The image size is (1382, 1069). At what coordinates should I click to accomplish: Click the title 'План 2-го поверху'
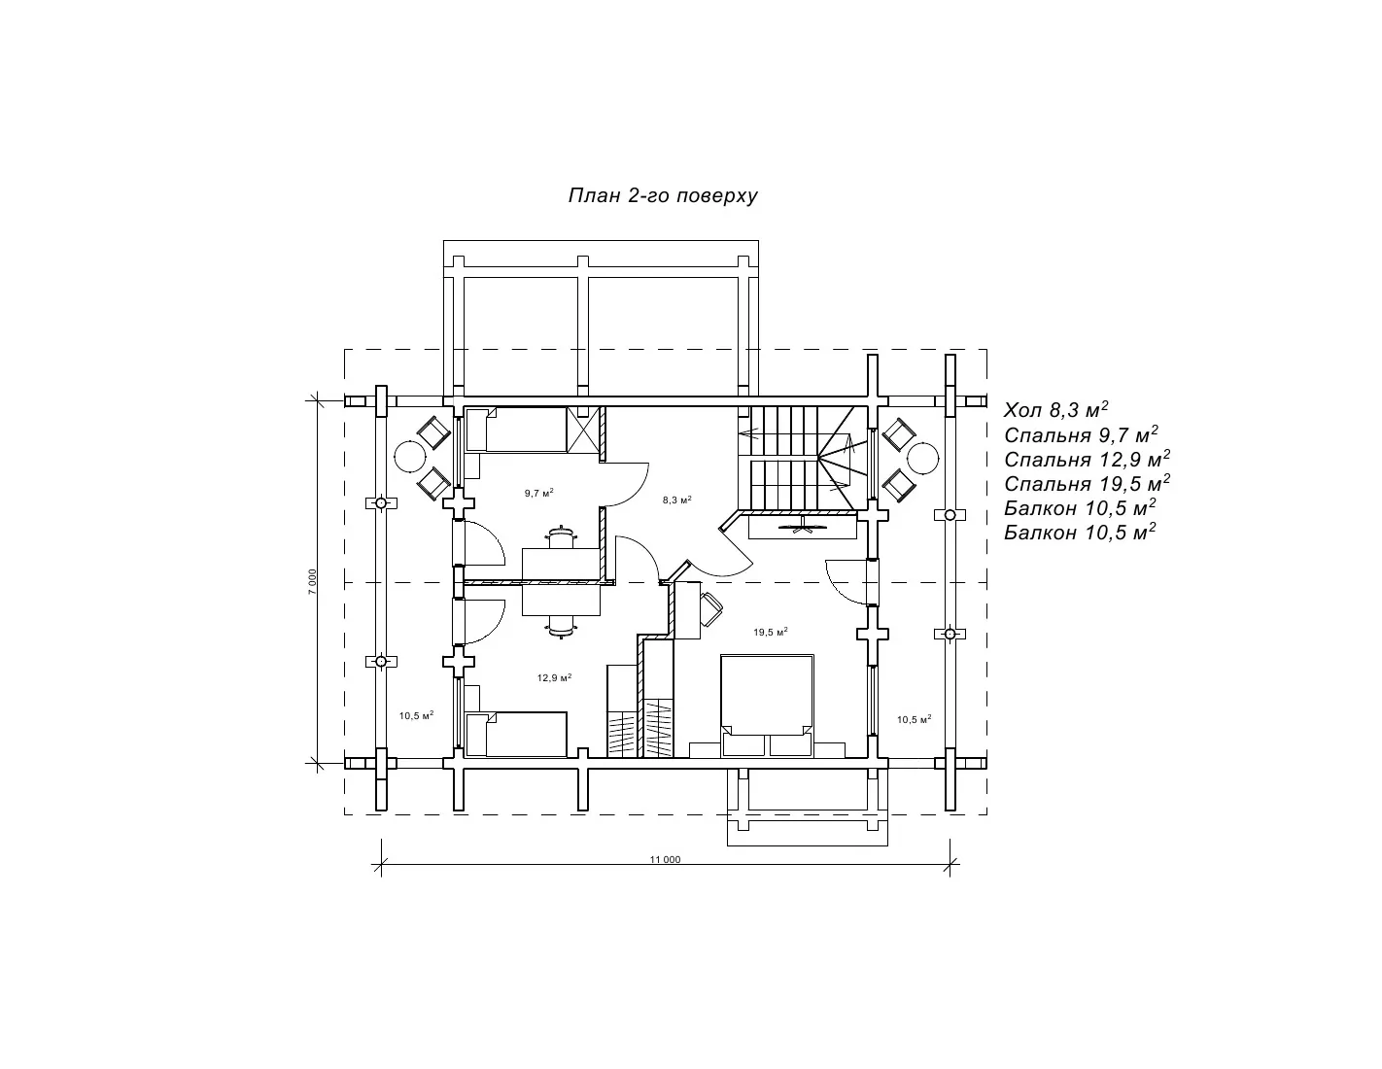click(x=663, y=195)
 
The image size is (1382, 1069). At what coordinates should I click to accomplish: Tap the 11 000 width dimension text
click(x=665, y=860)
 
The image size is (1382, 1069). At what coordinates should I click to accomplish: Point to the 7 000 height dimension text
click(x=312, y=582)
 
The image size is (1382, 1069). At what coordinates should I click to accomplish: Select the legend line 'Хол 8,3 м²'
click(x=1055, y=409)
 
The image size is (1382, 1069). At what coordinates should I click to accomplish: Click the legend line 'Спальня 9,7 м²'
click(x=1081, y=434)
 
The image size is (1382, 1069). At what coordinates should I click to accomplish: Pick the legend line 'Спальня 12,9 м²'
click(x=1087, y=459)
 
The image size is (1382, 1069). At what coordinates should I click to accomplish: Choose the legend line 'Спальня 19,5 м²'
click(x=1087, y=483)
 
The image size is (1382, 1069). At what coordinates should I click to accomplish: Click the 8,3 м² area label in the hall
click(x=676, y=500)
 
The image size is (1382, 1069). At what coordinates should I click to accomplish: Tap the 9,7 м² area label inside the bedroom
click(x=538, y=493)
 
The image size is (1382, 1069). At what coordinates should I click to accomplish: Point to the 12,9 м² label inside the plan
click(x=554, y=678)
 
